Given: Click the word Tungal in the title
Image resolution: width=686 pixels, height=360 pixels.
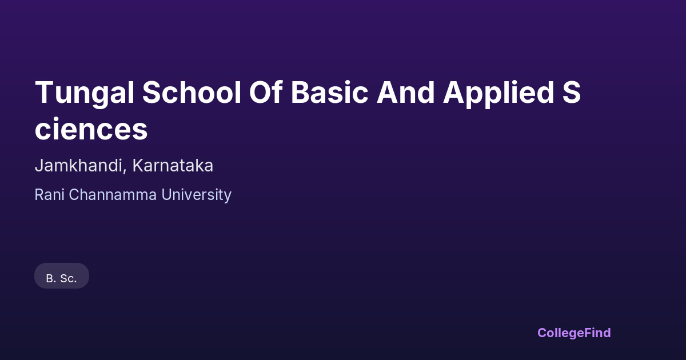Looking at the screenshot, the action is coord(85,93).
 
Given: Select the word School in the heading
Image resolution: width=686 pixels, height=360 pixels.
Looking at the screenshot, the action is coord(192,92).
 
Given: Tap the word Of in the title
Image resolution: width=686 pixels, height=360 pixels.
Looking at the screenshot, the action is coord(265,92).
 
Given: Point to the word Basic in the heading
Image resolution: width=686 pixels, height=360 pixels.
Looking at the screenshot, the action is coord(329,92).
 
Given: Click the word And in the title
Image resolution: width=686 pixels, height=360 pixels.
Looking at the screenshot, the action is coord(405,92).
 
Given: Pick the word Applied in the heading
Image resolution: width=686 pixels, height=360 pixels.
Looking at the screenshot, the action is coord(498,93).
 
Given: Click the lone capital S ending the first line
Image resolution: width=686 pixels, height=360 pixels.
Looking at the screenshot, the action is coord(572,92).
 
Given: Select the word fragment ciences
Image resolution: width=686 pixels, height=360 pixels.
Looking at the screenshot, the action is coord(91,129).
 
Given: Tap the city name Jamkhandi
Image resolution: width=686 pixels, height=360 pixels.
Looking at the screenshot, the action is coord(78,166).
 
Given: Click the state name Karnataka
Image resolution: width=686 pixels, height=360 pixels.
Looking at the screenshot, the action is coord(173,166).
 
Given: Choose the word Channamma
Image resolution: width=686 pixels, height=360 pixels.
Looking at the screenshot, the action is coord(113,195).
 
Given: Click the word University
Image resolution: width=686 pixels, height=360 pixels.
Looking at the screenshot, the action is coord(196,195).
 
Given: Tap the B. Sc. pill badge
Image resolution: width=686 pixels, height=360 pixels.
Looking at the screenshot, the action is coord(62,275).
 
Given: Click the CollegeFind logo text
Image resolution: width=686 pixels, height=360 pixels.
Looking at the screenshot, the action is coord(574,333).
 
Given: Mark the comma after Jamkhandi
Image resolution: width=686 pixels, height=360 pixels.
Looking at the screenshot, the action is coord(125,171).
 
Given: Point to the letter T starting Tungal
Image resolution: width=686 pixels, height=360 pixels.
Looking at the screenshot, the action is coord(45,92).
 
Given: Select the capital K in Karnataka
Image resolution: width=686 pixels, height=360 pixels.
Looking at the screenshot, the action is coord(138,166).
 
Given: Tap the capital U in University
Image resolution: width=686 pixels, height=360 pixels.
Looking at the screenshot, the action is coord(167,195).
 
